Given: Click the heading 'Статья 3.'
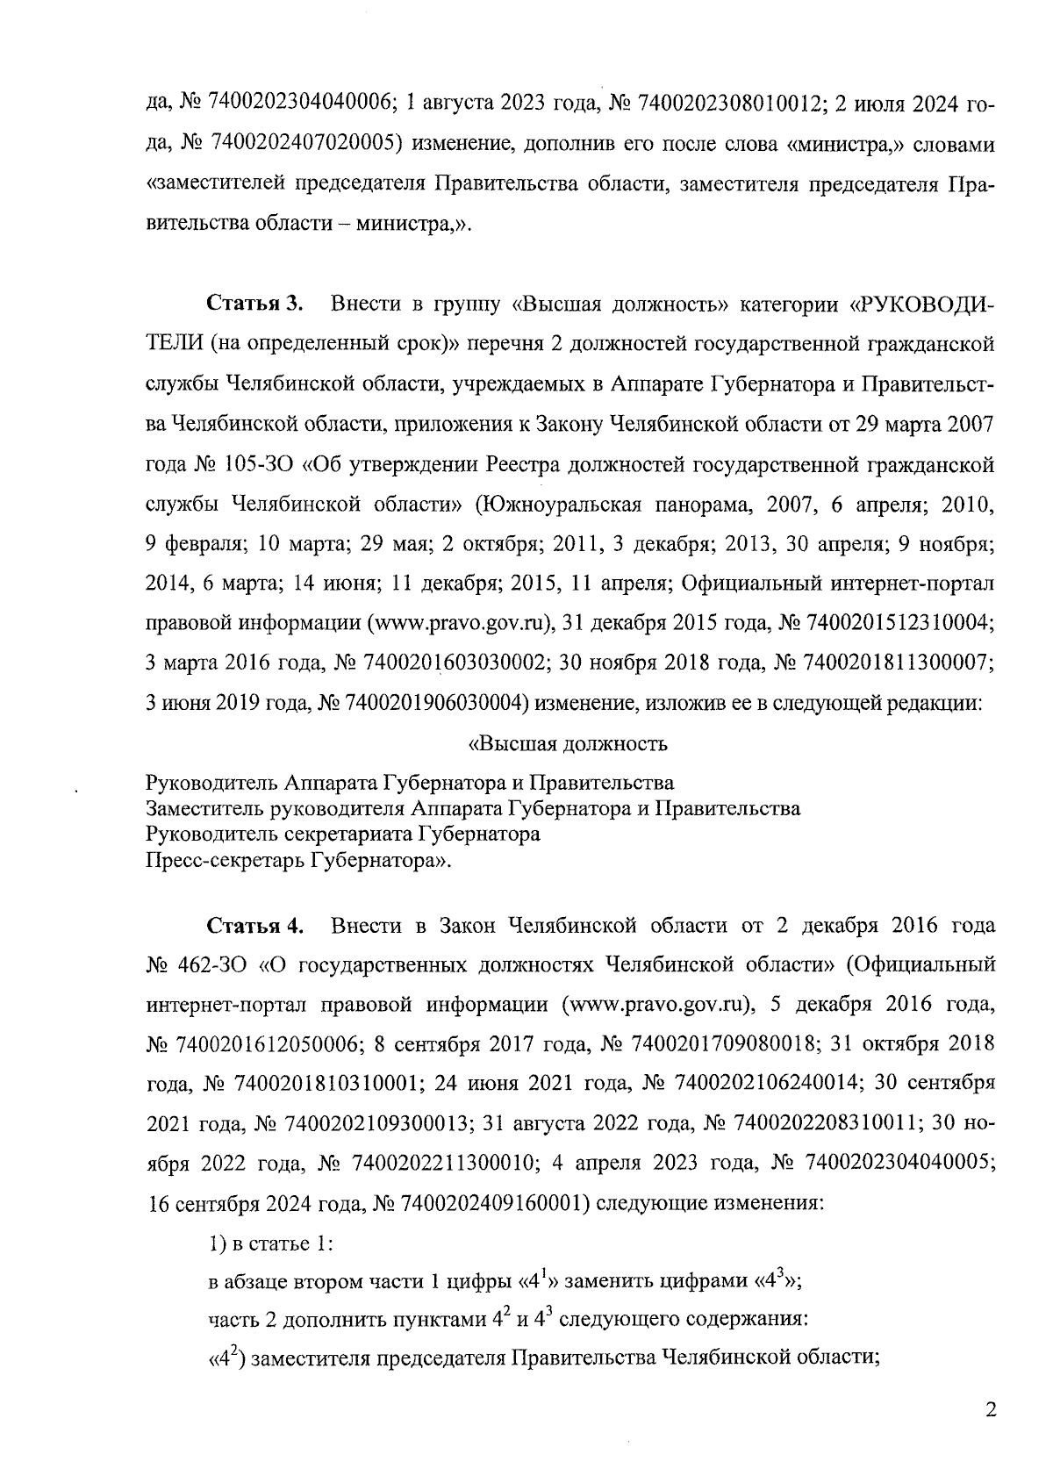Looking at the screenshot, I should (254, 305).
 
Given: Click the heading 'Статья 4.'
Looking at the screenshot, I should (254, 926).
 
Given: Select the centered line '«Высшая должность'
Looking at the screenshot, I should (568, 745).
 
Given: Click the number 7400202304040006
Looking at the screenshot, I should (297, 102).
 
